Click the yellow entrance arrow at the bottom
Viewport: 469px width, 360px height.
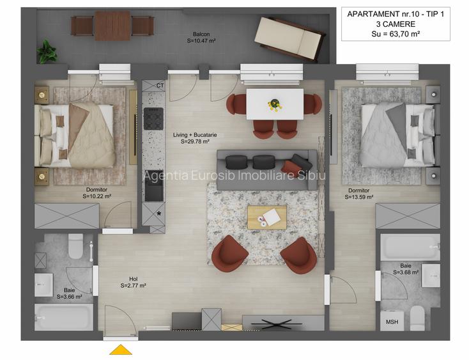point(121,350)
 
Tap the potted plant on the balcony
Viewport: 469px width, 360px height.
point(46,51)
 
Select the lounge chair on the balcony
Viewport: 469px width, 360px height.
point(288,39)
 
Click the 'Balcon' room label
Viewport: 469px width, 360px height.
point(203,35)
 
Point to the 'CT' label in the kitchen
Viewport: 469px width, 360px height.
point(160,85)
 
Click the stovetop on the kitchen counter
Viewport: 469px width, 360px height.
point(154,120)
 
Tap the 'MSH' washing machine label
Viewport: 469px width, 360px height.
point(391,322)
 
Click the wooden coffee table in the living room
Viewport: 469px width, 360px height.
point(267,217)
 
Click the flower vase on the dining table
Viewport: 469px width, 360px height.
point(275,103)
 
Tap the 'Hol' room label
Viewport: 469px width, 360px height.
point(133,279)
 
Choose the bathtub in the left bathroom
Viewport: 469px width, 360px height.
point(64,317)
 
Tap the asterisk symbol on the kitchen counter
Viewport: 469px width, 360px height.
point(158,214)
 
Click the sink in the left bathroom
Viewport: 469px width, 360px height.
point(43,284)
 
